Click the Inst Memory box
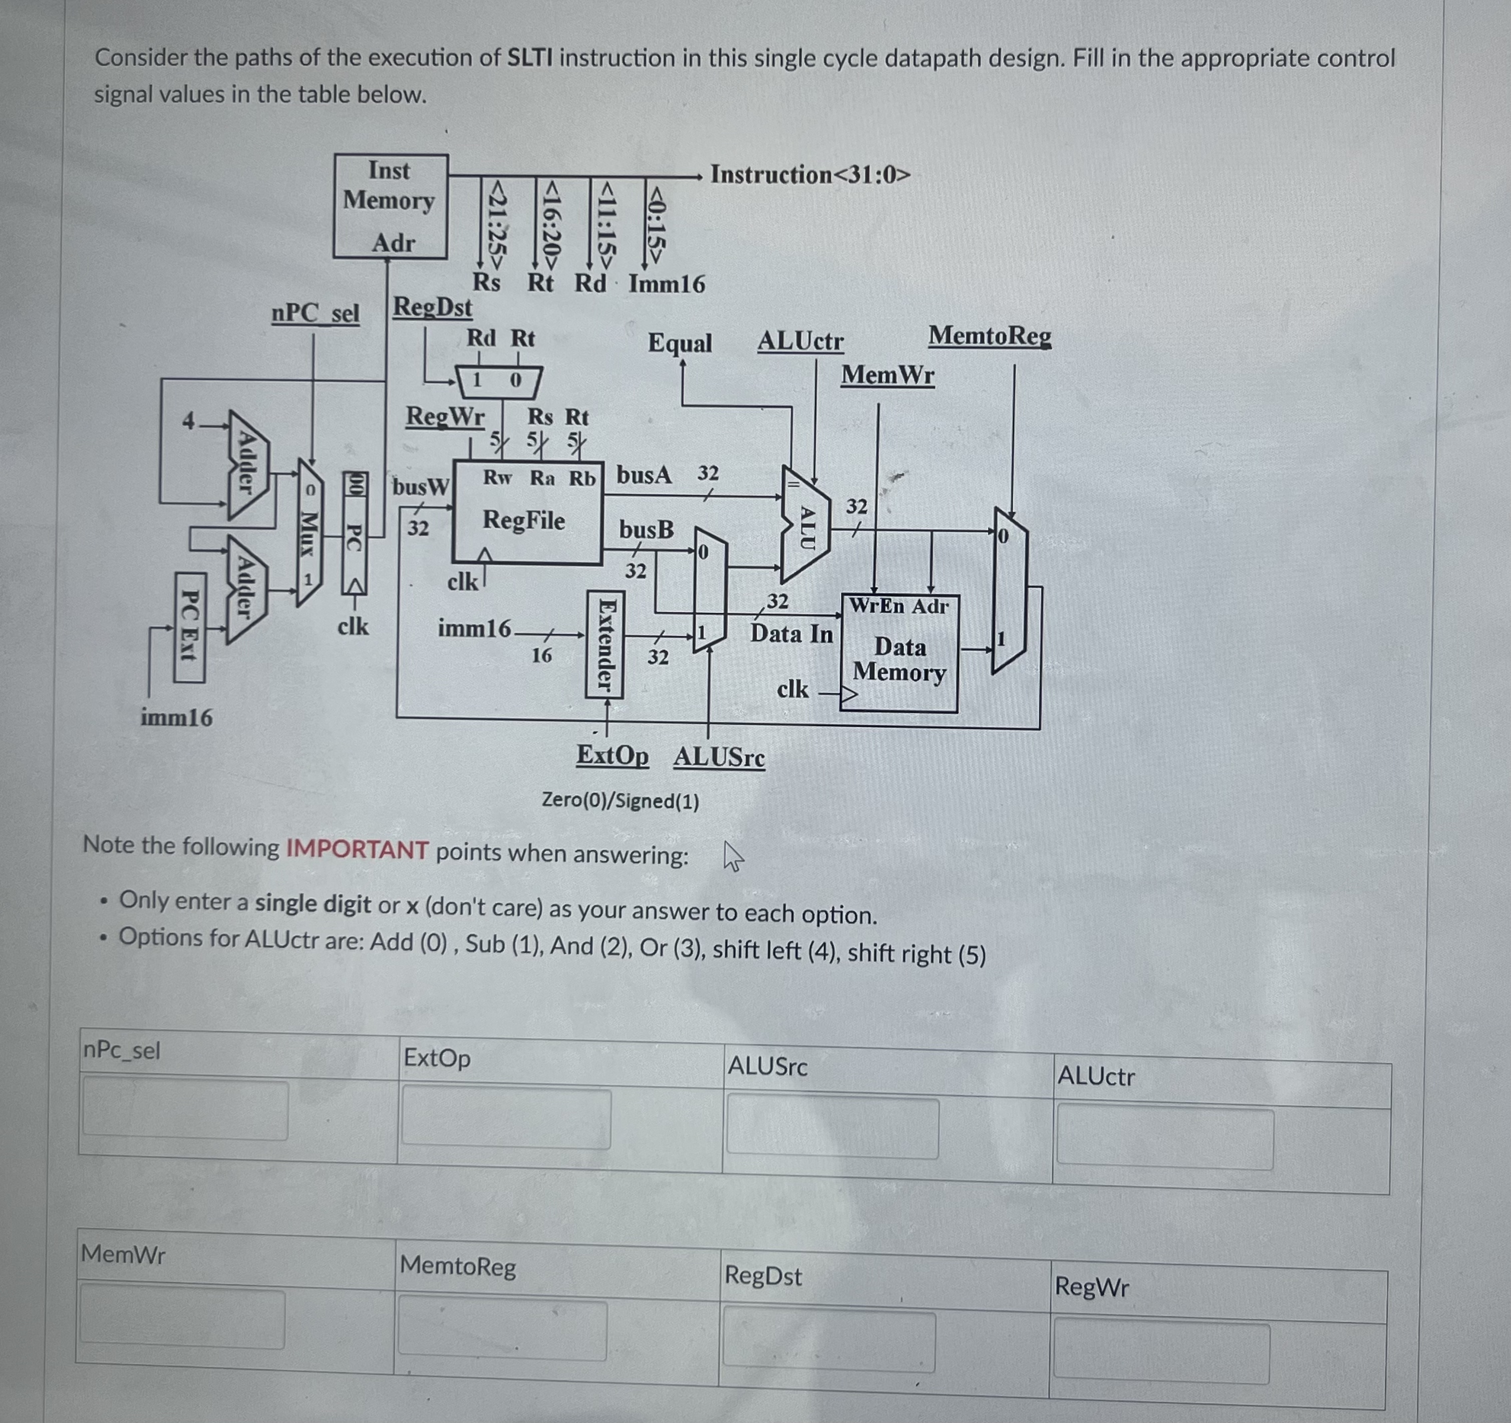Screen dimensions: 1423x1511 390,206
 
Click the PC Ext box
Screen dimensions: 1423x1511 190,627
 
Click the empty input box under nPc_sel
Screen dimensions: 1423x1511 185,1110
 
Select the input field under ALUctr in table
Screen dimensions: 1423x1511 1164,1139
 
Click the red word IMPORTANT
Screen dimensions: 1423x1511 357,849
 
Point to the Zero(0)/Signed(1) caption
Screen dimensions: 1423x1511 620,801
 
